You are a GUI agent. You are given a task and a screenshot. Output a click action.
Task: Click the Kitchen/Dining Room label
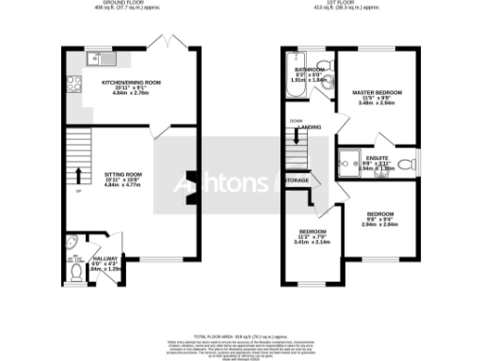pyautogui.click(x=131, y=87)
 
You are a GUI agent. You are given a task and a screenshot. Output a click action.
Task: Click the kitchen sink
pyautogui.click(x=100, y=60)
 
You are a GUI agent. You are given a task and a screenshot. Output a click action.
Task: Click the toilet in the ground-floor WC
pyautogui.click(x=76, y=274)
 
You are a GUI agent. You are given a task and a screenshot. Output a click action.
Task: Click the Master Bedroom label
pyautogui.click(x=378, y=97)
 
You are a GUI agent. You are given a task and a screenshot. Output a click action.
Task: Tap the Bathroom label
pyautogui.click(x=310, y=74)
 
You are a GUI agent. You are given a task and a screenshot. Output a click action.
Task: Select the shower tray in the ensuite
pyautogui.click(x=348, y=159)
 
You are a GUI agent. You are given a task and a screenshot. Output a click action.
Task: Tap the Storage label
pyautogui.click(x=297, y=180)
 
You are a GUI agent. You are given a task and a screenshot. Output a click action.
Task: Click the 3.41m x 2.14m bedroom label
pyautogui.click(x=313, y=236)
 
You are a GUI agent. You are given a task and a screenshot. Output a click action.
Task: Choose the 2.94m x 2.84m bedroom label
pyautogui.click(x=379, y=218)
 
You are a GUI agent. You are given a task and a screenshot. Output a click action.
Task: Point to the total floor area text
pyautogui.click(x=241, y=336)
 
